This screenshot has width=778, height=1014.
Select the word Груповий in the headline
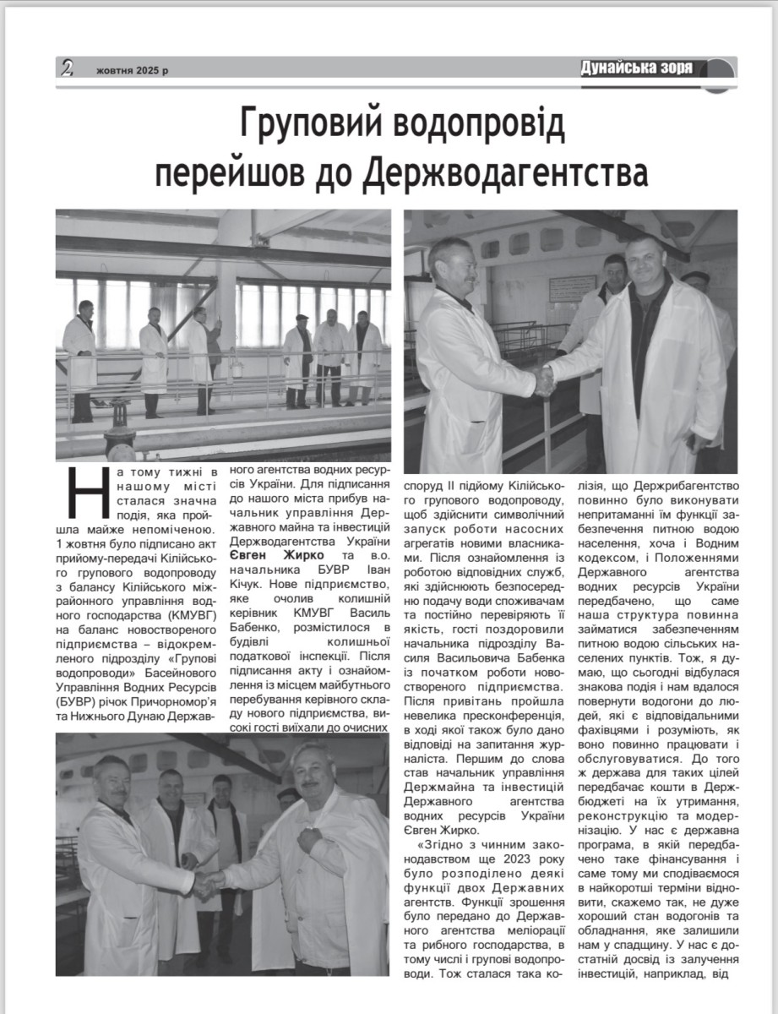pos(318,126)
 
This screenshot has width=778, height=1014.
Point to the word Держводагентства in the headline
pos(506,172)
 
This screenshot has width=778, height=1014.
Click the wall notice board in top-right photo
pos(572,289)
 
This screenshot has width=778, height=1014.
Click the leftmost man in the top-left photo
pos(82,359)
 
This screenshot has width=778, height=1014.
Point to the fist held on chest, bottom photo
pos(311,840)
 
